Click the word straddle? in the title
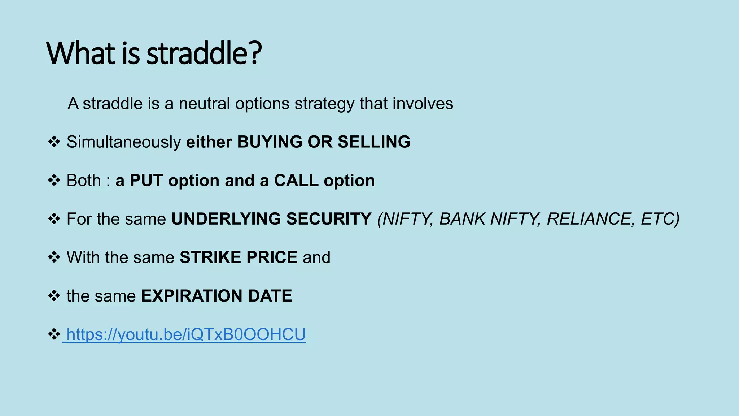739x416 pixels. [x=204, y=53]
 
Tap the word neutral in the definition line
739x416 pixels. [x=204, y=104]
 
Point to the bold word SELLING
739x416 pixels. [x=374, y=142]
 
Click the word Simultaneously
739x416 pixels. [x=124, y=142]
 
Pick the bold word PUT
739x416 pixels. [x=146, y=181]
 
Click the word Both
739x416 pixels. [x=84, y=181]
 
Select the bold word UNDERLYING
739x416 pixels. [x=226, y=219]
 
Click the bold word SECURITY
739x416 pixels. [x=329, y=219]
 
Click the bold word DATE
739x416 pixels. [x=270, y=296]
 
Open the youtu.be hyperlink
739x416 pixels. [x=186, y=334]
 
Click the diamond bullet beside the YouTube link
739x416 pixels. [x=54, y=334]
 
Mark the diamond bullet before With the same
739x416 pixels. [x=54, y=257]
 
